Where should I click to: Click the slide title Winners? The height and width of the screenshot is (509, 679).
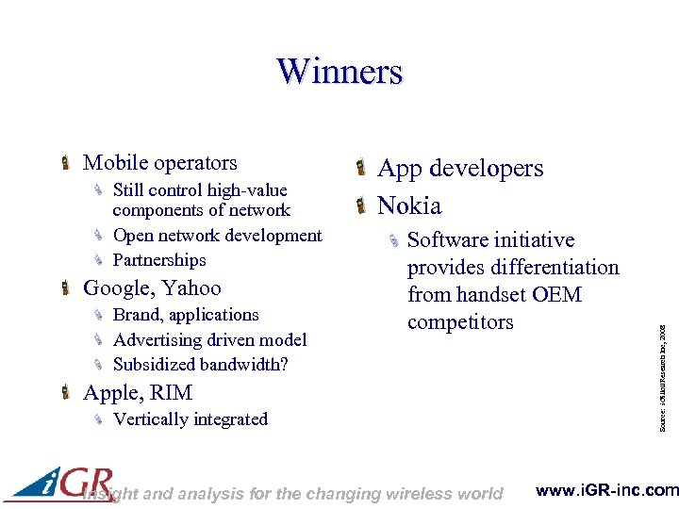(339, 72)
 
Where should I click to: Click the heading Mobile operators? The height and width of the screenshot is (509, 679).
(159, 163)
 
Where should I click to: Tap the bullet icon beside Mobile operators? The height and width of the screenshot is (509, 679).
(65, 164)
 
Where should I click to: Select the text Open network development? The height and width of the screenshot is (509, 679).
(217, 236)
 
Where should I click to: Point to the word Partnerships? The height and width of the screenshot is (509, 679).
(159, 260)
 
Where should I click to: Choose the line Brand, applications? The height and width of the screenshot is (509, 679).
(186, 315)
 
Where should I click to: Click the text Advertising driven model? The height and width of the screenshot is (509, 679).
(209, 339)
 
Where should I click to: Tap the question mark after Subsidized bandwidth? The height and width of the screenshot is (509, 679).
(284, 364)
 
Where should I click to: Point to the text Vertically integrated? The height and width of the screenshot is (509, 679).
(190, 419)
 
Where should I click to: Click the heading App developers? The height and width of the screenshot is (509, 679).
(460, 169)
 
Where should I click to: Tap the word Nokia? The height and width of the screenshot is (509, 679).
(409, 205)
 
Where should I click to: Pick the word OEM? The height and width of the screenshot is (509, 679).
(556, 295)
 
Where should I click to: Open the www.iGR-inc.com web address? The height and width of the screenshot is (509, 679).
(606, 490)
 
